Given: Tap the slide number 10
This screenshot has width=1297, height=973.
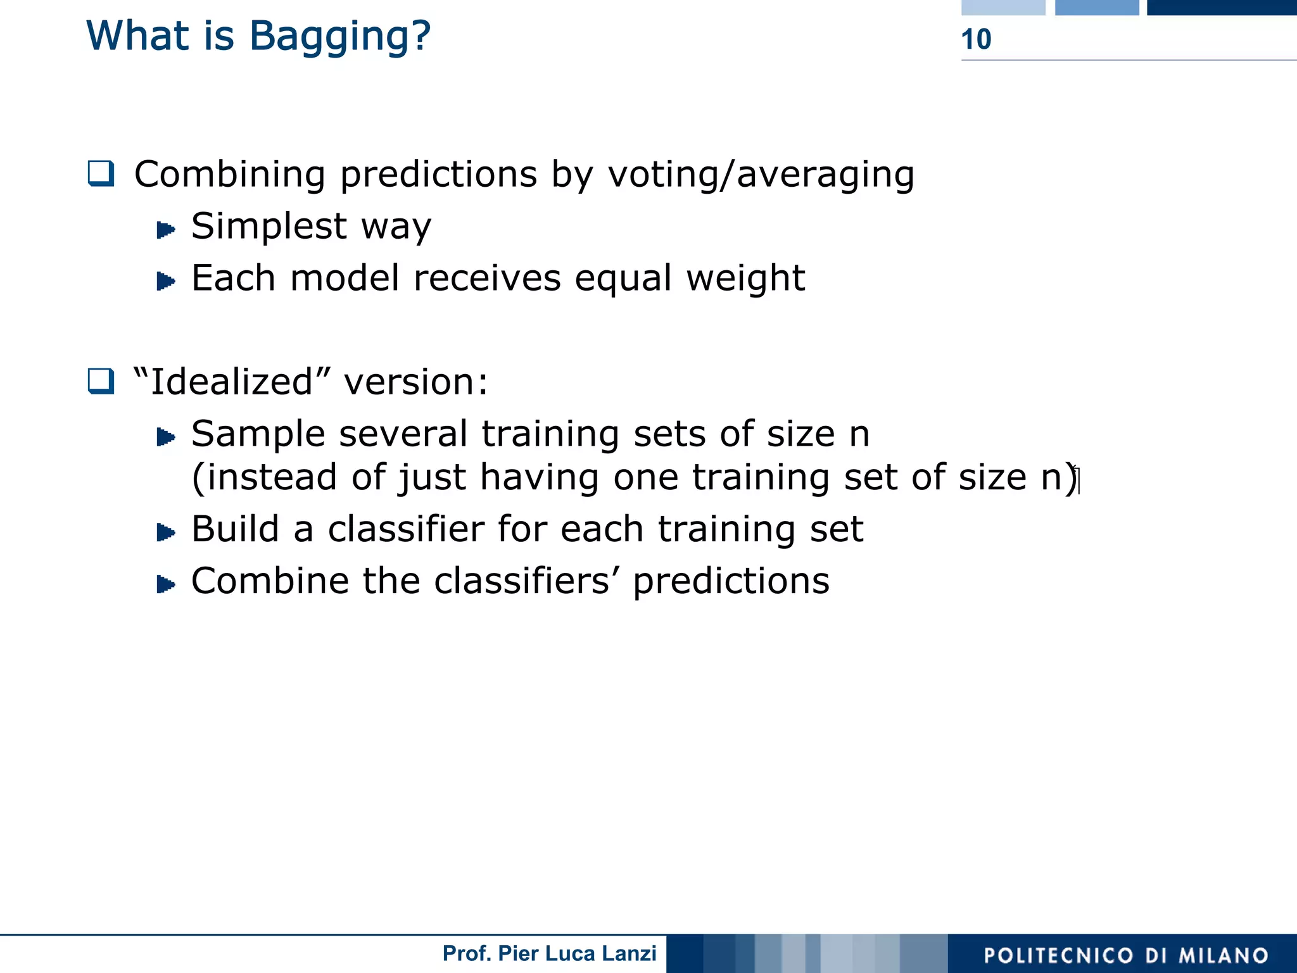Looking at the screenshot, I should click(976, 39).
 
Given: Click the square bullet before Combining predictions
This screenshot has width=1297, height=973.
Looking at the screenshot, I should click(101, 173).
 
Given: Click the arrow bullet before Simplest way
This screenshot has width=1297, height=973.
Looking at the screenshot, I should click(165, 229).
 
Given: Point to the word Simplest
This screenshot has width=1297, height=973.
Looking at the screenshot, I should click(269, 227).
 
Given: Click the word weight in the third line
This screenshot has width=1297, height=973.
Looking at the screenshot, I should click(745, 279).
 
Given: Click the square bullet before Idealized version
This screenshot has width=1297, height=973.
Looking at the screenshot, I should click(101, 381).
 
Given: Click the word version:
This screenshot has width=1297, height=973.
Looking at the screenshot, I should click(415, 382).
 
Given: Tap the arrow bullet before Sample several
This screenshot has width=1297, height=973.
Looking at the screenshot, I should click(165, 437).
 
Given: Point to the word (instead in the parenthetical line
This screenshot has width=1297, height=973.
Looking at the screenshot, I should click(264, 477).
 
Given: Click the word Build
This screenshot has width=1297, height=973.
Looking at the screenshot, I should click(235, 529).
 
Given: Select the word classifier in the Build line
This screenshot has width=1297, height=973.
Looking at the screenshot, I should click(405, 529).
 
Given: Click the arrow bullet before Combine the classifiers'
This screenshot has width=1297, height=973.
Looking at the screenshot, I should click(165, 584).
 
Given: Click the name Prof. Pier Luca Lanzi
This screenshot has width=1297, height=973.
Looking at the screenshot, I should click(549, 953).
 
